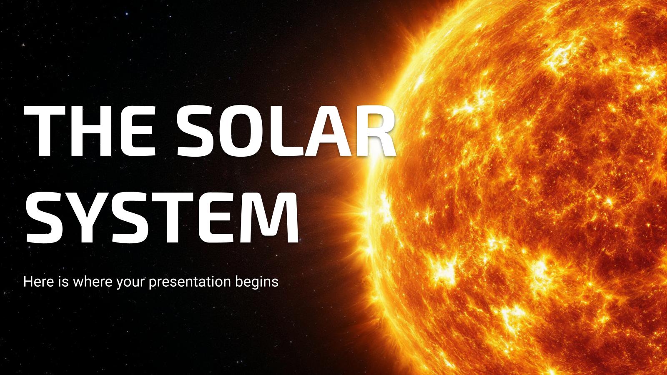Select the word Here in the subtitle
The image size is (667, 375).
(x=38, y=282)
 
